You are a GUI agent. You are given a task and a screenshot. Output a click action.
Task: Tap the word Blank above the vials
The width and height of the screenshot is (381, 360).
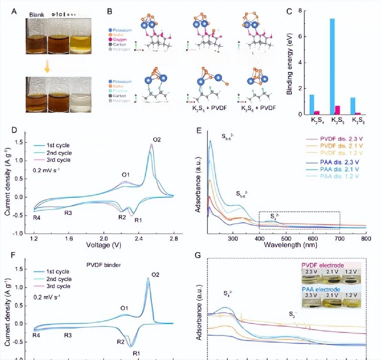pos(36,15)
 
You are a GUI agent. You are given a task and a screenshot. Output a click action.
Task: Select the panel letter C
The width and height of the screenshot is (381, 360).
pos(289,11)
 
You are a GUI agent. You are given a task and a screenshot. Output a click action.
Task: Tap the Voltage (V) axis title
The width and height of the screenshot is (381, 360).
pos(104,246)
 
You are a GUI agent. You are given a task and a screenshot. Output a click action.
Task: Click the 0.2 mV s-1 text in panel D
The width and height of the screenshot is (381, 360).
pos(45,170)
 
